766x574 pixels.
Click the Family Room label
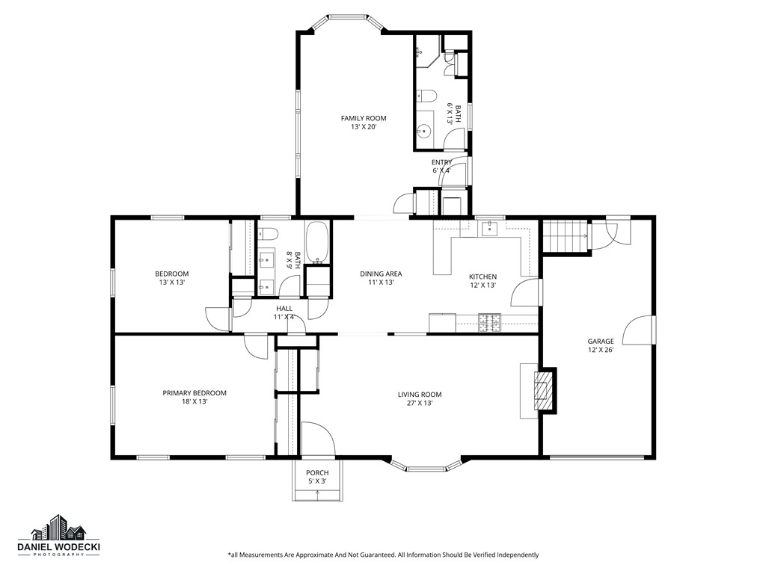[x=364, y=118]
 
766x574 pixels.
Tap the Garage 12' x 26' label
[x=600, y=345]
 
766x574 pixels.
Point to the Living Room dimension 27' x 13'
[x=419, y=404]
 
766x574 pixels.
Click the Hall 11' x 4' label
[x=284, y=312]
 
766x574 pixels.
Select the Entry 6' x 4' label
[x=441, y=166]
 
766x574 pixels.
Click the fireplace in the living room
[x=545, y=389]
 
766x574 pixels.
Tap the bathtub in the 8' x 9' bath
[x=317, y=243]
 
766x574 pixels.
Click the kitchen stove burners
[x=489, y=322]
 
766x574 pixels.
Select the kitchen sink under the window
[x=489, y=229]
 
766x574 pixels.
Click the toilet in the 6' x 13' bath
[x=427, y=96]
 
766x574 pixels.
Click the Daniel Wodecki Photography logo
[x=59, y=537]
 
